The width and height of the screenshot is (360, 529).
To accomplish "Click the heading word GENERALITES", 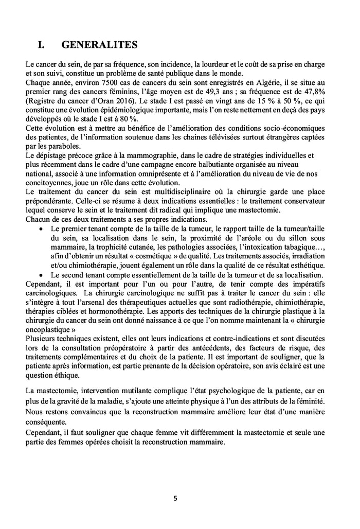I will tap(99, 45).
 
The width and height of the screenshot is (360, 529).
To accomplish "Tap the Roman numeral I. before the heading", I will tap(43, 45).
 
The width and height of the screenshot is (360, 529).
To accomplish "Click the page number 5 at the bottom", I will tap(176, 499).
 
